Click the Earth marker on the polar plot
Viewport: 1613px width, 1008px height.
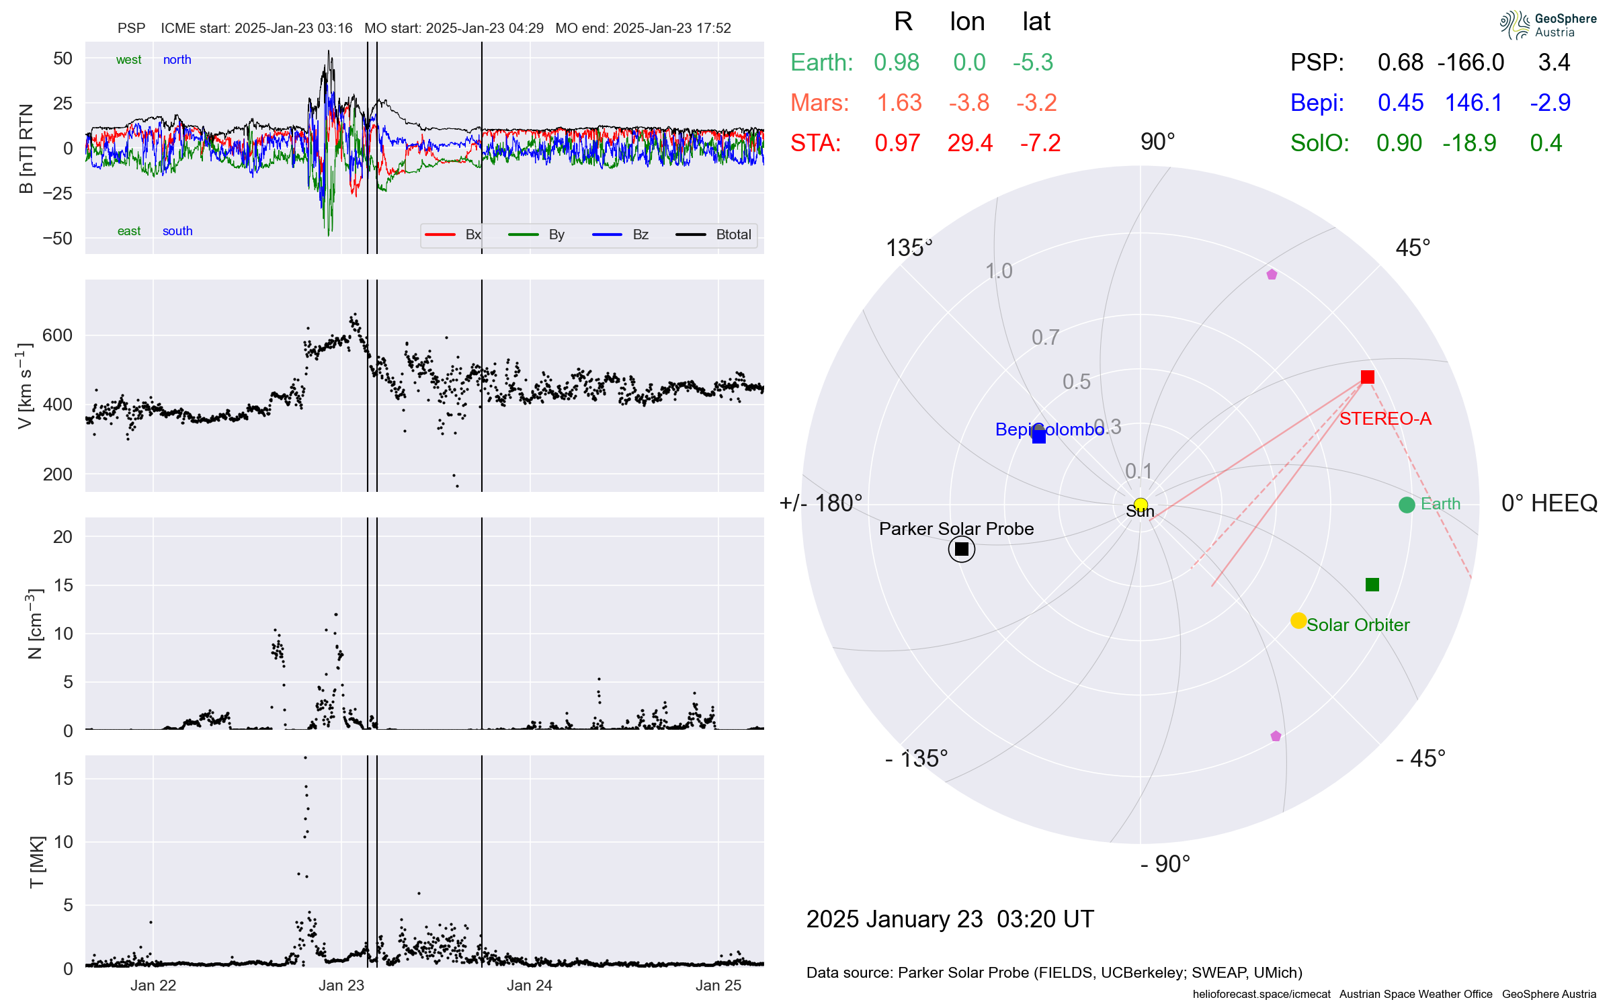coord(1406,505)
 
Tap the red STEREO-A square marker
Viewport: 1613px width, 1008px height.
coord(1367,377)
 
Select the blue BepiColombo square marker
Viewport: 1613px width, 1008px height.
coord(1039,436)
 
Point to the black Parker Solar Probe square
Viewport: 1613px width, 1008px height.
coord(962,549)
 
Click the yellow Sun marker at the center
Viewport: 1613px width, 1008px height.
coord(1141,505)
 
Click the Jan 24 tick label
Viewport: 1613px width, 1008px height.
coord(530,985)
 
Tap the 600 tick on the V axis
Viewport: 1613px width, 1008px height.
coord(57,335)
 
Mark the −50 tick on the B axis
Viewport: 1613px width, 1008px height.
coord(57,239)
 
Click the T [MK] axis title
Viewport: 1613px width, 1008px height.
coord(37,862)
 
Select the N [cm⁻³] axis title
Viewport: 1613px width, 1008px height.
coord(34,624)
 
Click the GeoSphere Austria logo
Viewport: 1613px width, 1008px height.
coord(1548,25)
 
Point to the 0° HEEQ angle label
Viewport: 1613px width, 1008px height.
coord(1549,503)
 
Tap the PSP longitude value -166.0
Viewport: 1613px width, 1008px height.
coord(1471,62)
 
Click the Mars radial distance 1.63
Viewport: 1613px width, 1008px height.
coord(899,103)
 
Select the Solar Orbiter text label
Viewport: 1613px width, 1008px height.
coord(1358,625)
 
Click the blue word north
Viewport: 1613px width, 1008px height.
coord(177,60)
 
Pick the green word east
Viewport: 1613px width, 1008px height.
coord(129,231)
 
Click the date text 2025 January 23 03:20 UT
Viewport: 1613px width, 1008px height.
coord(950,919)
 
